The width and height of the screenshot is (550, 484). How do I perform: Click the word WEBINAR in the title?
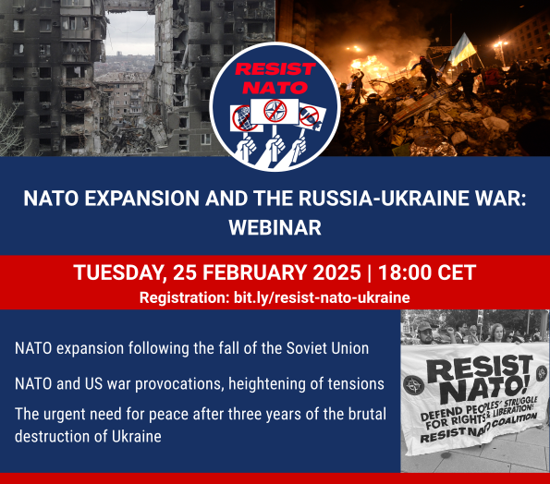(275, 227)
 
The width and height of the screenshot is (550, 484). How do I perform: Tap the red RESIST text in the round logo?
(275, 68)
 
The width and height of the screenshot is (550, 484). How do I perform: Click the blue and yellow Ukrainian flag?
(462, 49)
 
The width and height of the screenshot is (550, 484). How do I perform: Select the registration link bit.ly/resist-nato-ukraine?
(322, 297)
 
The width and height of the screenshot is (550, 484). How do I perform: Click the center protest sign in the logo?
(275, 111)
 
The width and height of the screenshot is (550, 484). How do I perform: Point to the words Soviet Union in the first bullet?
(327, 348)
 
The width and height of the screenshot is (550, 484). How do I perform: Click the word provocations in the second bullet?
(179, 384)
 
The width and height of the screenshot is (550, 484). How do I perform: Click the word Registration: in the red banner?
(185, 297)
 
